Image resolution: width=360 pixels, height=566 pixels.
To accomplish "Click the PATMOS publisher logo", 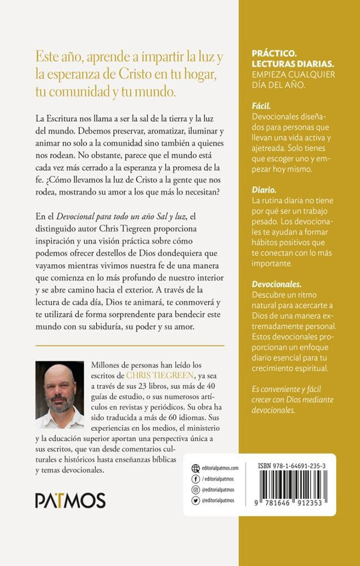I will point(70,500).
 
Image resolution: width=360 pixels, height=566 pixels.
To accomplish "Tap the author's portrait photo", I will point(59,395).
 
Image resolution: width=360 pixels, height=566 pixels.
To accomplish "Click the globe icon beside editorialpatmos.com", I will point(196,468).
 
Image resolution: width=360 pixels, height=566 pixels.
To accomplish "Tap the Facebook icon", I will point(196,479).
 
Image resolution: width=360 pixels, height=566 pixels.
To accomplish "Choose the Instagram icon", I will point(196,490).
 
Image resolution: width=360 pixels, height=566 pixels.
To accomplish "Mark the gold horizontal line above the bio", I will point(130,345).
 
